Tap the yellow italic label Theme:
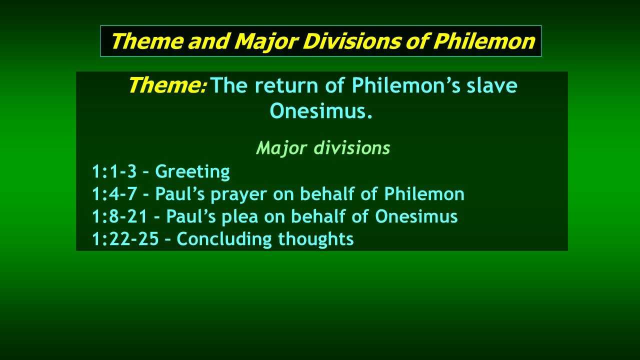167,85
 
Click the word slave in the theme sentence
492,85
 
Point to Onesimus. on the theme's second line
321,111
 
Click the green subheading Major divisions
323,147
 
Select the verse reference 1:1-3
114,171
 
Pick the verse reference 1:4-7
114,194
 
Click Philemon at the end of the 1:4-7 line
424,193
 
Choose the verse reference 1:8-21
119,216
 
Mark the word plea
240,217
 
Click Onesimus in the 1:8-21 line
416,216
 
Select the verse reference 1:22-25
125,239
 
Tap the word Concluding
224,239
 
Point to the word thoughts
316,239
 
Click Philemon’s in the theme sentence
406,85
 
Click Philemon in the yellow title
483,41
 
